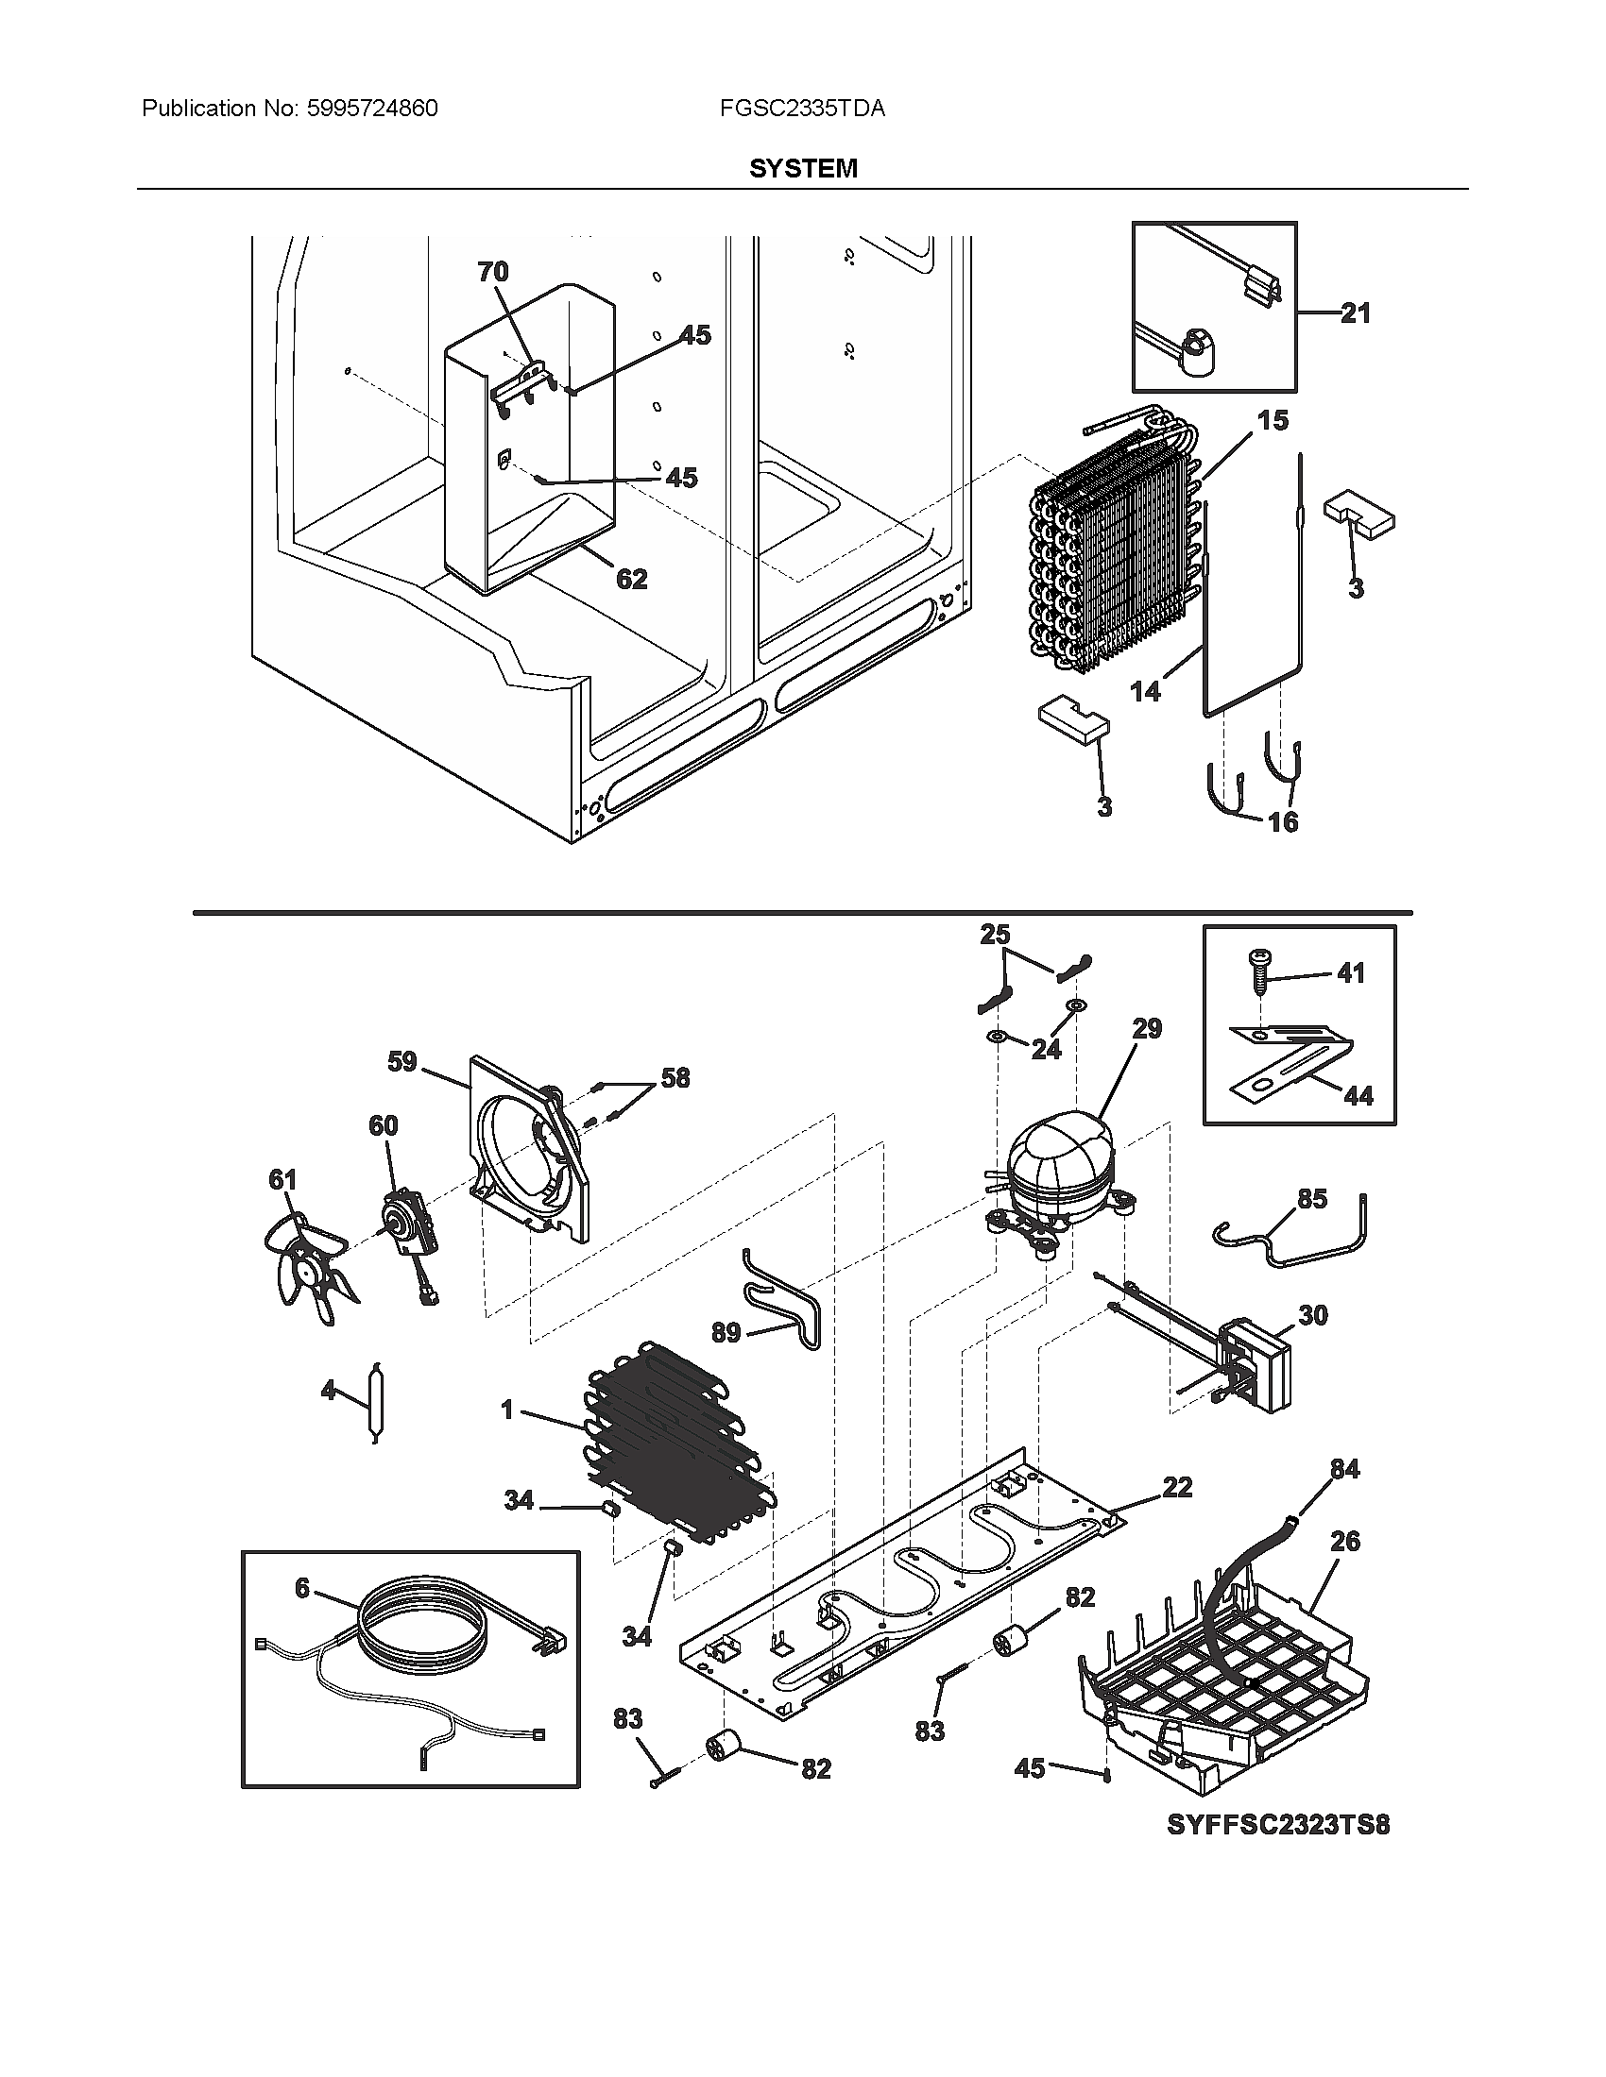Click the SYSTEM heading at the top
tap(802, 168)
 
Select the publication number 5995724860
tap(372, 109)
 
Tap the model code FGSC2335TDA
tap(802, 109)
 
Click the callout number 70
tap(493, 272)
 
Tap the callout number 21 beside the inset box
tap(1355, 312)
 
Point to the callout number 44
tap(1358, 1096)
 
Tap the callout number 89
tap(726, 1332)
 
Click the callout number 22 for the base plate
tap(1177, 1486)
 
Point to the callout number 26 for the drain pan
tap(1344, 1541)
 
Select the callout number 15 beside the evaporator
tap(1273, 420)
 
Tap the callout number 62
tap(632, 578)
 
